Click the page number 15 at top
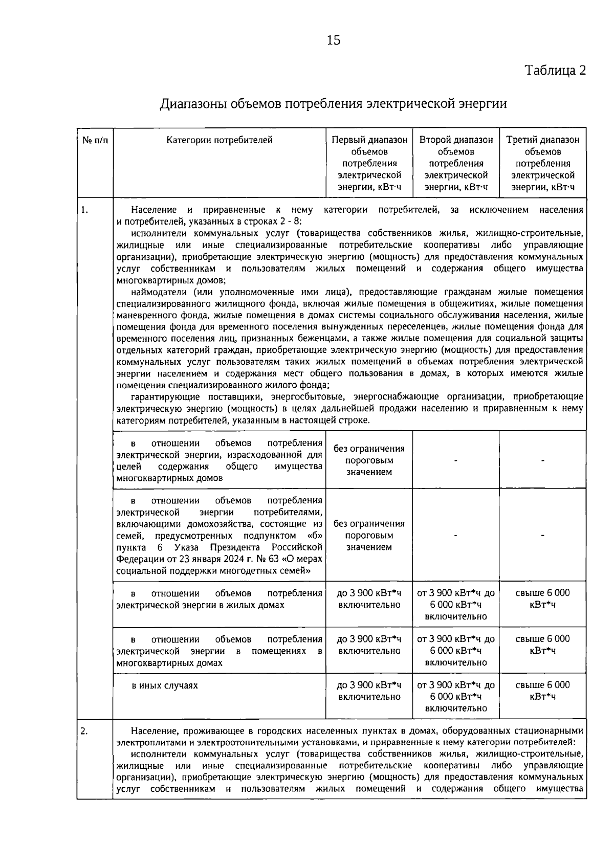333,40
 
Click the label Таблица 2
555,71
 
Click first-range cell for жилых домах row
369,599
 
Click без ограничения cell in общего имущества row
369,460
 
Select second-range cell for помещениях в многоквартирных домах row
456,651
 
